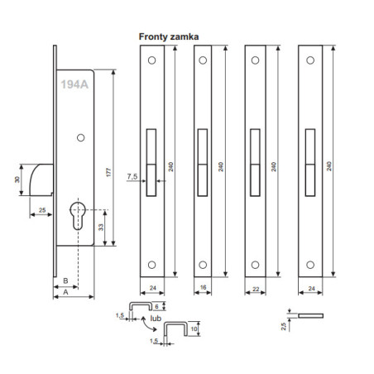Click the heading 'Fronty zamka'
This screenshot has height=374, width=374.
169,36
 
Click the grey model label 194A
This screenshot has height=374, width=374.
74,84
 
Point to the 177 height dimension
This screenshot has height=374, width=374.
108,172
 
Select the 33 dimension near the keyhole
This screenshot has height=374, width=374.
101,228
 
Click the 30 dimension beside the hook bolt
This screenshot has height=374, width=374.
17,180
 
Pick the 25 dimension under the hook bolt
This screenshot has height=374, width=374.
42,210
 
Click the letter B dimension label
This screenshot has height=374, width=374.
65,280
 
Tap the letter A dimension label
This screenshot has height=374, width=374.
65,292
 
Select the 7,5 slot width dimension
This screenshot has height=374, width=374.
132,176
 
